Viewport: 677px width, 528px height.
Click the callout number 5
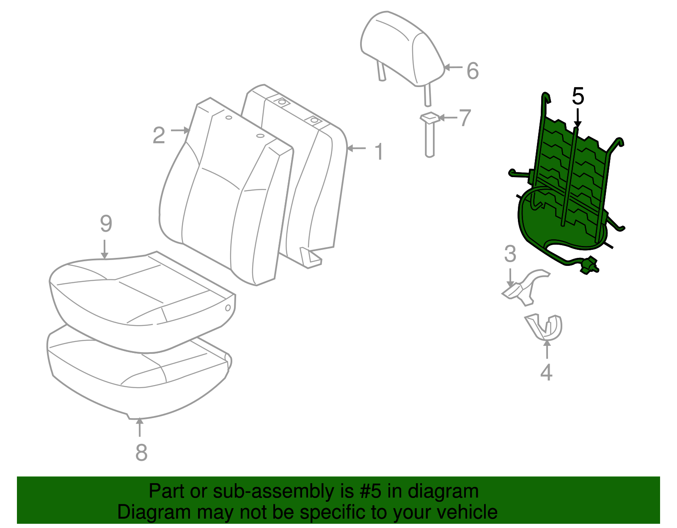pos(578,96)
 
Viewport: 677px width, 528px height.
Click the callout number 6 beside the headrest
pos(473,71)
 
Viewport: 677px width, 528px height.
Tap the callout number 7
pos(465,118)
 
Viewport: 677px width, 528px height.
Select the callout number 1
pos(380,151)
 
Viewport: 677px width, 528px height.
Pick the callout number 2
pos(159,135)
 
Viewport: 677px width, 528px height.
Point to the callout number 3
pos(510,254)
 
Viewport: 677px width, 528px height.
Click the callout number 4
pos(546,372)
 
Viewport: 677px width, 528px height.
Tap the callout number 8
pos(141,452)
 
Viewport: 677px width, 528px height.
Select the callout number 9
pos(106,224)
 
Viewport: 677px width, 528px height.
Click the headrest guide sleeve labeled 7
pos(429,135)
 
